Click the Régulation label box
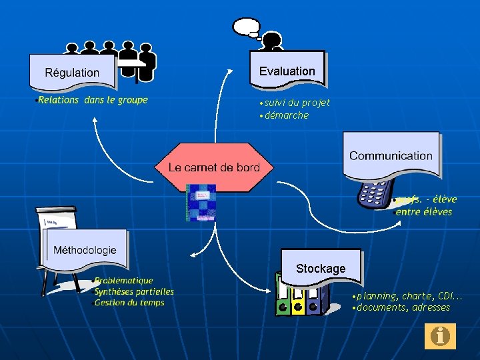pos(72,72)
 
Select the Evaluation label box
pos(287,71)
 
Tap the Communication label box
pos(391,156)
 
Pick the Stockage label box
pos(321,268)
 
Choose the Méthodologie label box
pos(85,250)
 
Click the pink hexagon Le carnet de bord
pos(214,167)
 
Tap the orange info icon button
pos(440,336)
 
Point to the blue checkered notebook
pos(201,202)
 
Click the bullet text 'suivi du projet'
pos(297,103)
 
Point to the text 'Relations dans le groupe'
pos(93,100)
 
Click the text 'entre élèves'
pos(423,212)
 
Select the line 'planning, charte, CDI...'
pos(409,296)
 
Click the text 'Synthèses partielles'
pos(134,291)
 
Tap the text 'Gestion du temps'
pos(129,303)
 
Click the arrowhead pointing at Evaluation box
pos(231,70)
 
